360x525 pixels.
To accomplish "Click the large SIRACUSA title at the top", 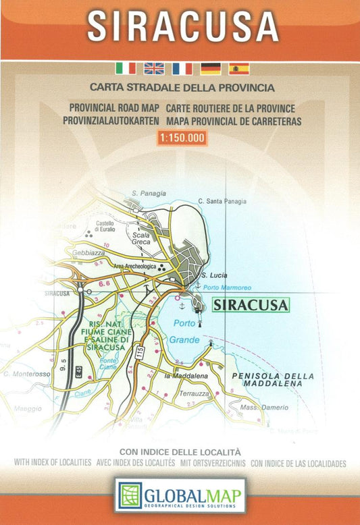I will click(182, 26).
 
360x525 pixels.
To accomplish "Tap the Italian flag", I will click(126, 68).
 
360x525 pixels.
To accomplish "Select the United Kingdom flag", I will click(154, 68).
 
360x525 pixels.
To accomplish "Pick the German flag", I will click(211, 68).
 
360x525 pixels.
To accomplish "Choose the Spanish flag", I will click(239, 68).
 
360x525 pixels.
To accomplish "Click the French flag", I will click(182, 68).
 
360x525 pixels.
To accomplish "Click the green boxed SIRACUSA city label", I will click(250, 304).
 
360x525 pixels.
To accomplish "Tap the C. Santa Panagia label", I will click(222, 201).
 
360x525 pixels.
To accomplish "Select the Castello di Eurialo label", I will click(105, 226).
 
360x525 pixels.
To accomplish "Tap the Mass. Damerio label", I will click(265, 408).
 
